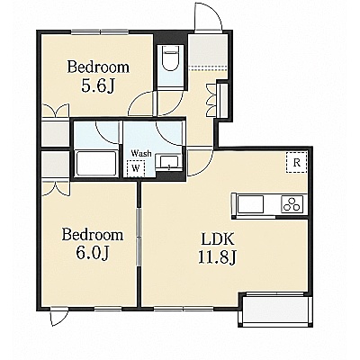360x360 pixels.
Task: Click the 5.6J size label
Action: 98,85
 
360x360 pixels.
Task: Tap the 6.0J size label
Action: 92,253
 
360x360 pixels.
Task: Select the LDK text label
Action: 217,239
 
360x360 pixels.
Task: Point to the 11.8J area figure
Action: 217,257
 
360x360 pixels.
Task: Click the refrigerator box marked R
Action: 297,163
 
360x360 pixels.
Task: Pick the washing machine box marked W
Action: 136,168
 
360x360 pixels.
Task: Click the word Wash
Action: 141,154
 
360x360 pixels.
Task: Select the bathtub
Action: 96,164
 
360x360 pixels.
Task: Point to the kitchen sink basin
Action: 251,204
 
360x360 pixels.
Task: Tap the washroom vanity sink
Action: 169,162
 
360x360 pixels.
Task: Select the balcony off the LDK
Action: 275,310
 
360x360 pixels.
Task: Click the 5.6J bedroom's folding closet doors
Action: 56,111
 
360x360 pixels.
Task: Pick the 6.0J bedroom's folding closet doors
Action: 56,188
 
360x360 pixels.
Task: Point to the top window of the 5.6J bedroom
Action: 100,31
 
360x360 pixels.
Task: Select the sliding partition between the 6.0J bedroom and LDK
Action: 139,237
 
